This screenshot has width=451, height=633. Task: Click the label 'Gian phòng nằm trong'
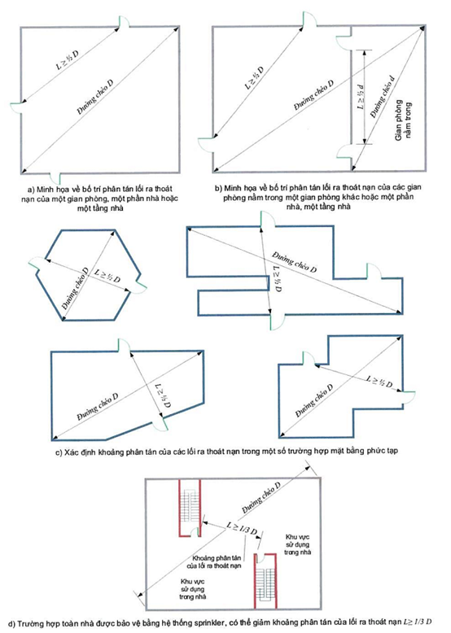[x=404, y=120]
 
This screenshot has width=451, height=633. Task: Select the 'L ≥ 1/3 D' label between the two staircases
[x=242, y=528]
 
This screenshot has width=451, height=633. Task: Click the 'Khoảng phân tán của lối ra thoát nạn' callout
[x=214, y=562]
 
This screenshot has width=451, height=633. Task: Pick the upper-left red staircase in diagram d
[x=190, y=508]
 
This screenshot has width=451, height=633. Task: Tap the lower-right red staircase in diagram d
[x=265, y=580]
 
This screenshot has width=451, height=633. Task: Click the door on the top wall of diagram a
[x=124, y=22]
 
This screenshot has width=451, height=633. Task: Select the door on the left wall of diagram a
[x=16, y=107]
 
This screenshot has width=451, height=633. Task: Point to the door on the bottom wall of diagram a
[x=55, y=178]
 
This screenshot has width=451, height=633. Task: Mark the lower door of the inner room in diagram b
[x=344, y=152]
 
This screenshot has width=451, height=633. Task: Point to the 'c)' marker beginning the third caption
[x=58, y=452]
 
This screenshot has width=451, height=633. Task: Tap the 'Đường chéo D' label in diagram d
[x=261, y=497]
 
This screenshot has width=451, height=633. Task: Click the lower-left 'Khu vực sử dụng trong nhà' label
[x=193, y=589]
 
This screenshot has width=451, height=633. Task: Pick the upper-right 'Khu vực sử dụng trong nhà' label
[x=297, y=544]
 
